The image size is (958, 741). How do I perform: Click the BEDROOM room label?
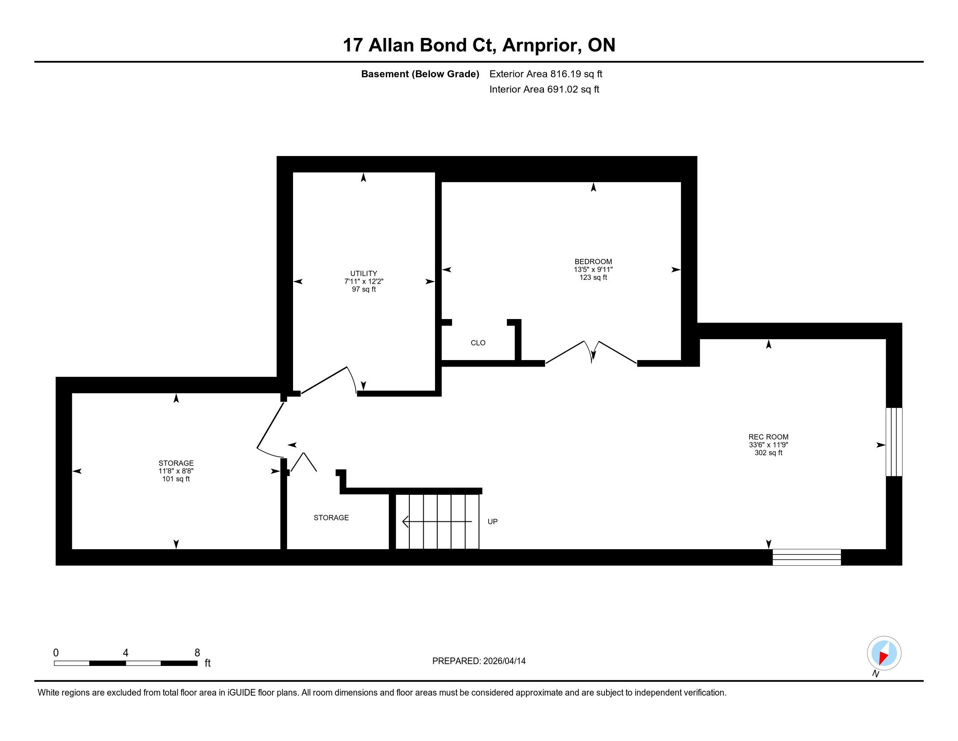[593, 262]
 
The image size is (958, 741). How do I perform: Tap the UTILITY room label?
[364, 273]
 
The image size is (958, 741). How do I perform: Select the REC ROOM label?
[769, 437]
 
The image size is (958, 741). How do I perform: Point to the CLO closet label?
[478, 343]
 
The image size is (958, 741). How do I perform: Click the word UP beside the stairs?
[492, 521]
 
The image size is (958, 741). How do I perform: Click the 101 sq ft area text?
[176, 479]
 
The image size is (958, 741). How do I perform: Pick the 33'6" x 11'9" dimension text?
[769, 445]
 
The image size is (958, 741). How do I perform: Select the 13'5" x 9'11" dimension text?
[593, 269]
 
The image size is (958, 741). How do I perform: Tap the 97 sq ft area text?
[364, 289]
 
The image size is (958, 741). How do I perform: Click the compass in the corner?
[884, 653]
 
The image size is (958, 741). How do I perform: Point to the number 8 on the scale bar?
[197, 653]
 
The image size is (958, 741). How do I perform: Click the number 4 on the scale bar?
[125, 653]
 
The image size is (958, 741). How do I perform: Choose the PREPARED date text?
[479, 661]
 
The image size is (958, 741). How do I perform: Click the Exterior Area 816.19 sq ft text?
[546, 74]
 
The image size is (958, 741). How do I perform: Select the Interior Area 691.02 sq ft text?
[544, 89]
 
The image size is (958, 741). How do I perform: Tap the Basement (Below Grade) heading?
[420, 74]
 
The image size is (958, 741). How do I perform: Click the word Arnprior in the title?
[542, 45]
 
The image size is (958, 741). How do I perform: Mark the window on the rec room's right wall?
[894, 442]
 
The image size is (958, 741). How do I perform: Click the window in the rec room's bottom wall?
[806, 557]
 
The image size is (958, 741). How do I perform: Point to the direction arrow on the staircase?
[437, 521]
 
